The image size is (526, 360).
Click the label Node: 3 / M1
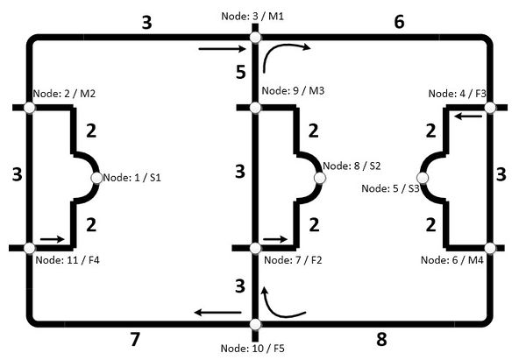[252, 16]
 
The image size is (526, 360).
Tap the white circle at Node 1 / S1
[96, 178]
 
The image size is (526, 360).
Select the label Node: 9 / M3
[293, 90]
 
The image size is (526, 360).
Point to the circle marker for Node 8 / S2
[320, 178]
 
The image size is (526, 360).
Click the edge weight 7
[135, 339]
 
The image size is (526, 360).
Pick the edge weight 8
[381, 339]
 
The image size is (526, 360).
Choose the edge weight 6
[399, 22]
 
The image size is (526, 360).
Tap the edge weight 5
[241, 72]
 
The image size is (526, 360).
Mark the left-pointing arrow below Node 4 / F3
[468, 116]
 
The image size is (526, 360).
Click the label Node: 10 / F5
[252, 349]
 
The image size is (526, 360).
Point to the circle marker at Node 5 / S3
[423, 178]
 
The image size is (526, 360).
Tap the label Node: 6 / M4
[451, 260]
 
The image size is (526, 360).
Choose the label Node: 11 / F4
[68, 260]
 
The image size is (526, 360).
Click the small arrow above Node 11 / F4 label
[53, 239]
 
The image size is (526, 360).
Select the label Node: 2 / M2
[64, 93]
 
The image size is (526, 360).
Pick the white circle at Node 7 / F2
[255, 249]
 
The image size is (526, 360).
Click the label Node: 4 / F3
[458, 93]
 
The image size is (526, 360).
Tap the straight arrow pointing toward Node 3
[222, 49]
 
